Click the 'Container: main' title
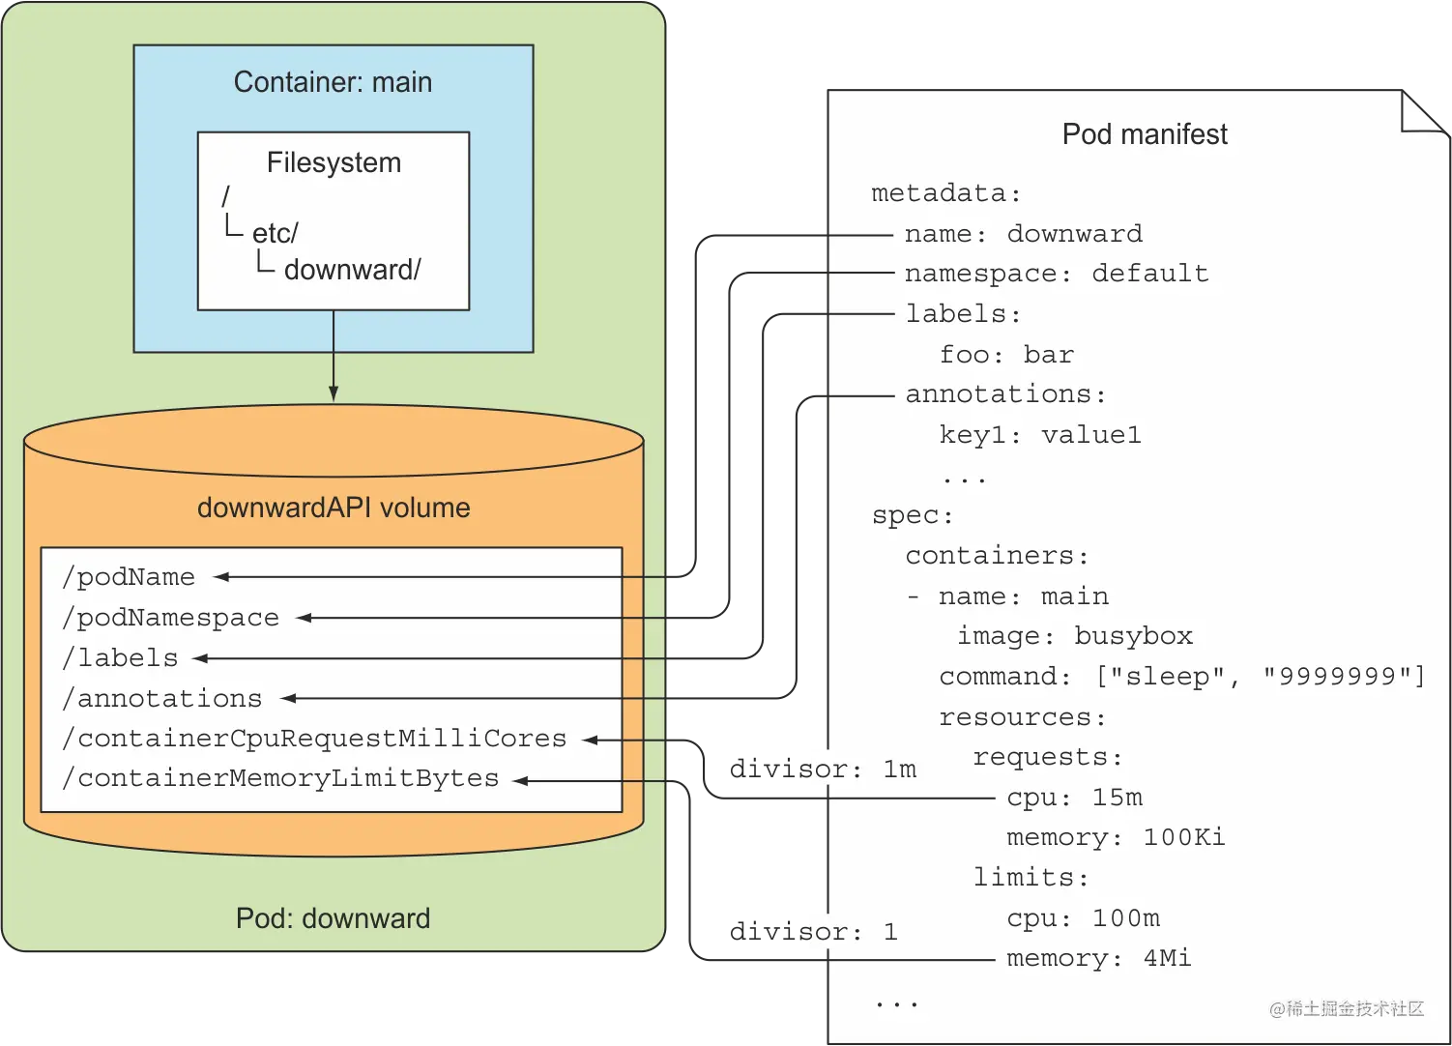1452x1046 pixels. coord(333,82)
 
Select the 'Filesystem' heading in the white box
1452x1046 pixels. coord(334,162)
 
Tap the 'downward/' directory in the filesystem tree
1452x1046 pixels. coord(352,270)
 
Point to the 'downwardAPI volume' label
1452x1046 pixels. coord(334,508)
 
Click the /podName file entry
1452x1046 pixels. coord(129,577)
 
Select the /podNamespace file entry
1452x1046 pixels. coord(170,618)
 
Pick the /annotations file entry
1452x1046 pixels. coord(162,698)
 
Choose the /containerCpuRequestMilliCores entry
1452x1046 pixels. coord(314,739)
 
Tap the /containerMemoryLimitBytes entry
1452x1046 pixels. coord(280,778)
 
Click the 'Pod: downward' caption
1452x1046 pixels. coord(333,917)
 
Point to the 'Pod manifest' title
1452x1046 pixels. coord(1145,134)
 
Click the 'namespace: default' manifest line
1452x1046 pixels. coord(1057,274)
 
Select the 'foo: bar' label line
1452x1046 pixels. coord(1006,355)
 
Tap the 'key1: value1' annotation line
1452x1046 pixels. coord(1040,435)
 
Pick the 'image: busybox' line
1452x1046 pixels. coord(1075,636)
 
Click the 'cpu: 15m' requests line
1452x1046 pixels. coord(1074,798)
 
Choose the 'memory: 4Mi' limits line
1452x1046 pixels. coord(1098,958)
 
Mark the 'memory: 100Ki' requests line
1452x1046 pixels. coord(1116,837)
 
